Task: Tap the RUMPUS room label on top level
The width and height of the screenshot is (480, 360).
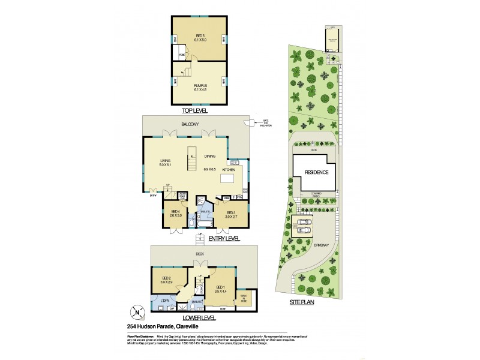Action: tap(200, 86)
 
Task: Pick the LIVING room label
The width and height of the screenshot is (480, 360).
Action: tap(166, 161)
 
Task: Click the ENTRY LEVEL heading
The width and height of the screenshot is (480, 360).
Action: tap(224, 238)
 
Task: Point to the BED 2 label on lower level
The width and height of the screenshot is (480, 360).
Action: tap(166, 277)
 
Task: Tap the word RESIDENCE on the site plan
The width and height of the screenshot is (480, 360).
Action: tap(317, 172)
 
